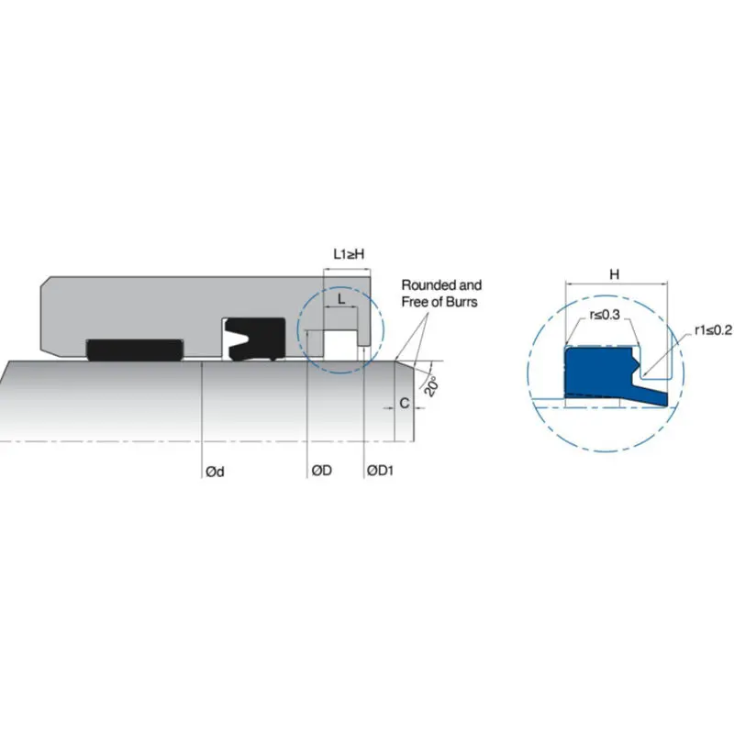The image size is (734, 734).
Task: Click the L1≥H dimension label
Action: [349, 254]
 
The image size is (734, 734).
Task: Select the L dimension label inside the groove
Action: [341, 299]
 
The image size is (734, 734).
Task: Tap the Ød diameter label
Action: [215, 472]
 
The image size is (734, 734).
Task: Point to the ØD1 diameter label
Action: [380, 470]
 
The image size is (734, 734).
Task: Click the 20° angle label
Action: [431, 385]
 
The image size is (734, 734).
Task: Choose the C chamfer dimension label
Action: [405, 403]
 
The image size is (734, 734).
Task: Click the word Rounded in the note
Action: [424, 285]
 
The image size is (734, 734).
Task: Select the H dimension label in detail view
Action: [615, 273]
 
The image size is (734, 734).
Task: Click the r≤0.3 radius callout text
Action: [605, 315]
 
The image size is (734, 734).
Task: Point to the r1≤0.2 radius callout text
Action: [713, 330]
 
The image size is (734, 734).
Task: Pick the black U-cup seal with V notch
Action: [255, 339]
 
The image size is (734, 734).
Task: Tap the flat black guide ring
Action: [135, 350]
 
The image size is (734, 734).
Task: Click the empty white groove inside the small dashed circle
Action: [340, 344]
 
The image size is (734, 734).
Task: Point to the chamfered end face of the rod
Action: [405, 401]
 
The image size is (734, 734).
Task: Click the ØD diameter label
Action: [322, 470]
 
